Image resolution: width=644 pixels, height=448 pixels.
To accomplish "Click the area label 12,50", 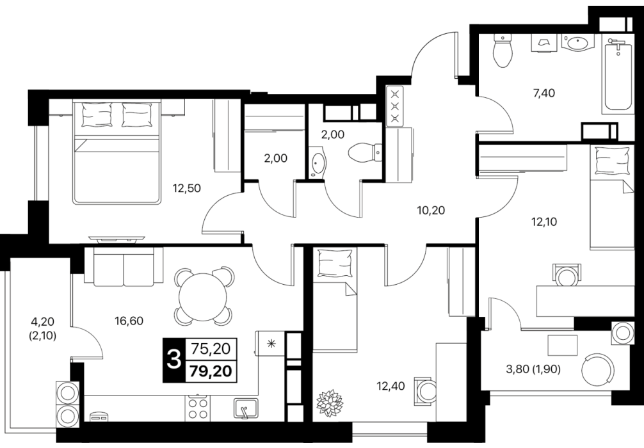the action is (x=187, y=189).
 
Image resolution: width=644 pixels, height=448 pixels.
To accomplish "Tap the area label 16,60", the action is (x=129, y=321).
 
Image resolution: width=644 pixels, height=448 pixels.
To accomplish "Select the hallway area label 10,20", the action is (x=430, y=211).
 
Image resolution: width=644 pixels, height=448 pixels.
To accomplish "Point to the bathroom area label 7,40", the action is (x=543, y=93).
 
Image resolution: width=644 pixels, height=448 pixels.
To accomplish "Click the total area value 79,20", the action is (x=211, y=372).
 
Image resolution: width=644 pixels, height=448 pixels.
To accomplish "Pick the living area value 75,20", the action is (x=211, y=349).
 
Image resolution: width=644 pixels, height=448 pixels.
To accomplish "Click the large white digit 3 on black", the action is (x=175, y=360).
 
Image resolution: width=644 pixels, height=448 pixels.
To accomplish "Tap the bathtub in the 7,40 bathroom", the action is (x=617, y=74).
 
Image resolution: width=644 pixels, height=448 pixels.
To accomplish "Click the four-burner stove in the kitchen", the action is (x=198, y=408).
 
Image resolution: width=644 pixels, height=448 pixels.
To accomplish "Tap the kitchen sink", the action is (x=246, y=408).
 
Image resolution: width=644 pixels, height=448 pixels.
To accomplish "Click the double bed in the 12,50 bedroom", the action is (x=116, y=152).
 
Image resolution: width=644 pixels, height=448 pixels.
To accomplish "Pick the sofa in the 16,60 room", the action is (x=124, y=266).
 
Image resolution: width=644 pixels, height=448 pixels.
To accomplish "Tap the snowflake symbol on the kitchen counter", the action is (x=271, y=343).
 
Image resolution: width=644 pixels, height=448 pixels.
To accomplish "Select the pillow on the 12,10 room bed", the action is (x=613, y=159).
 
